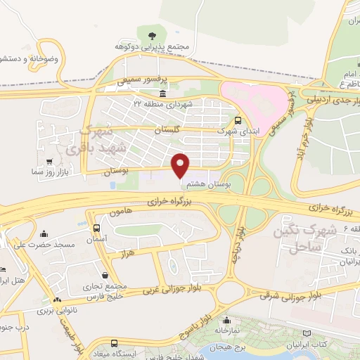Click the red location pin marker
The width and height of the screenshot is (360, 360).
pos(181,166)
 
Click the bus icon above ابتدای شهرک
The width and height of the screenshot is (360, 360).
pos(239,120)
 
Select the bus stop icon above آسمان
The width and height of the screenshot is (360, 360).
pos(97,229)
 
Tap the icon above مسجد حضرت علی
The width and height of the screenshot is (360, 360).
pos(45,234)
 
